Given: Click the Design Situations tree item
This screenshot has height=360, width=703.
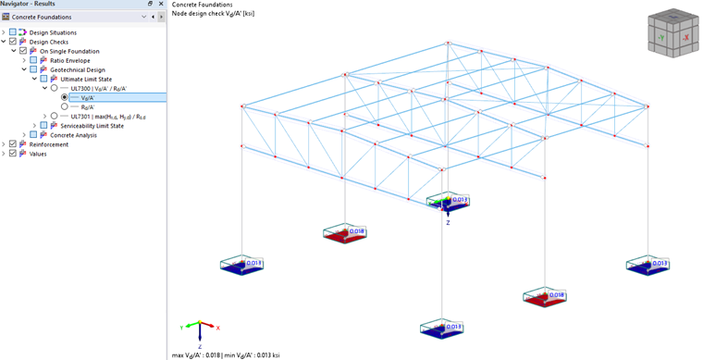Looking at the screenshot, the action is (53, 32).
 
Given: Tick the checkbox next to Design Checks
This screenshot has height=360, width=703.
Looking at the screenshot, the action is (13, 42).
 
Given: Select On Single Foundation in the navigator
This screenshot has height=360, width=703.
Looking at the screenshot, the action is (69, 51).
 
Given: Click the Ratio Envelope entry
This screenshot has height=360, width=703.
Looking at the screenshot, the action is (70, 60).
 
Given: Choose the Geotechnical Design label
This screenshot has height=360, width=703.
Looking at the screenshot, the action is (78, 69).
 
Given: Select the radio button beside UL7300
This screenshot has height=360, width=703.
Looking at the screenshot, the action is (55, 88).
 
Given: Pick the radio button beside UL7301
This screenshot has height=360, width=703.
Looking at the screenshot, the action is (55, 117).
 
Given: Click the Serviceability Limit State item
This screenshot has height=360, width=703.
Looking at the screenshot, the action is (92, 126).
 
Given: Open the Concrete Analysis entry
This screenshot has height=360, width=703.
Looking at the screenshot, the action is (75, 135).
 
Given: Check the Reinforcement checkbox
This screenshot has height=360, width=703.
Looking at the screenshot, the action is (13, 144).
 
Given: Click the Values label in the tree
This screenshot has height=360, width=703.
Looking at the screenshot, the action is (38, 154).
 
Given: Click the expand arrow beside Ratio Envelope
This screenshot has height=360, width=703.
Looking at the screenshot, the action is (24, 60).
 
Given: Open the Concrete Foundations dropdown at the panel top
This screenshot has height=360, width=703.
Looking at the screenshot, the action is (143, 17).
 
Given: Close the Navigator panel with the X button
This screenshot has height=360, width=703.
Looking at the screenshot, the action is (161, 5).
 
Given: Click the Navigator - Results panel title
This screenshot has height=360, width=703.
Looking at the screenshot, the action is (29, 5).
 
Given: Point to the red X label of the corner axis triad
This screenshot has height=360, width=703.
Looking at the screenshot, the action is (218, 329).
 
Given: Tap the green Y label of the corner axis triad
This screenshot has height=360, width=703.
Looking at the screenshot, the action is (180, 328).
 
